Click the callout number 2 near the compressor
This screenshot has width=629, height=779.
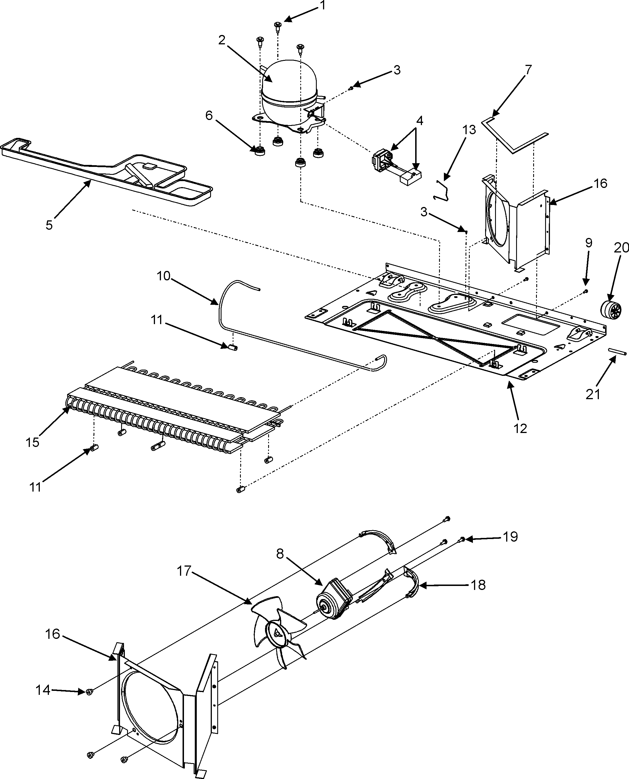(x=222, y=40)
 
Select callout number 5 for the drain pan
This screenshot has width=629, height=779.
(x=49, y=225)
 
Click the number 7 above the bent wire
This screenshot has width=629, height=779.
(x=529, y=70)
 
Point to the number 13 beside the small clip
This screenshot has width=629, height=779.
(x=469, y=129)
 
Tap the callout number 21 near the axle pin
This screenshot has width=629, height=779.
(x=593, y=394)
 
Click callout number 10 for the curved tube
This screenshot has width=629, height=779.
(x=164, y=276)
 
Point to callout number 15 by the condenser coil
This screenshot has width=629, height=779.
(x=33, y=442)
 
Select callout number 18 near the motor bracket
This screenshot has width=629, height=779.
(x=479, y=585)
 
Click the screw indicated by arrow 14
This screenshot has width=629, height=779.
(x=89, y=692)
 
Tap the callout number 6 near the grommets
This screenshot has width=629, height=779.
(x=209, y=116)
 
